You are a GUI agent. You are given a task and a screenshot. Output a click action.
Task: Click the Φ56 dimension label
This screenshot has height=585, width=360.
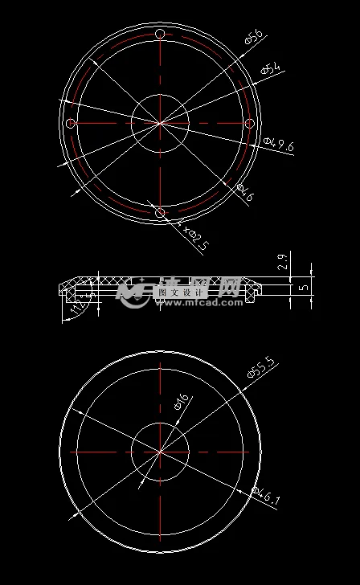[254, 37]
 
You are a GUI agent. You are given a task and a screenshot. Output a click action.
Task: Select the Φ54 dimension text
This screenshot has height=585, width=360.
[272, 70]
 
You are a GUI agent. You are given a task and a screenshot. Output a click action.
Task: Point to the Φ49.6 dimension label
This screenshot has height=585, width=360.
[279, 145]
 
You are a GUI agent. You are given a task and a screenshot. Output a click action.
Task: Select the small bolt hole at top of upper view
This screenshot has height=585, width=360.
[160, 34]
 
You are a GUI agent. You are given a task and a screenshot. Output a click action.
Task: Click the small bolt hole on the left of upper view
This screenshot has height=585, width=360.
[71, 123]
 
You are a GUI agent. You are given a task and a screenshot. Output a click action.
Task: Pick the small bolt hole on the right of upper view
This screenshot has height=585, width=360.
[249, 123]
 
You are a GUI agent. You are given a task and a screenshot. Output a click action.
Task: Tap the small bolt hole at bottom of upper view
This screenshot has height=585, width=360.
[160, 212]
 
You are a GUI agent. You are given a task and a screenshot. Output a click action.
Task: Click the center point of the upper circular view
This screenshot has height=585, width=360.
[160, 123]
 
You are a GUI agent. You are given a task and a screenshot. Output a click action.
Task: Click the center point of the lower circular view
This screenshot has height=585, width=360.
[160, 452]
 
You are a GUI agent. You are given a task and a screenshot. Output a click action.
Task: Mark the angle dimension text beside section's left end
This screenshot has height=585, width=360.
[77, 308]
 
